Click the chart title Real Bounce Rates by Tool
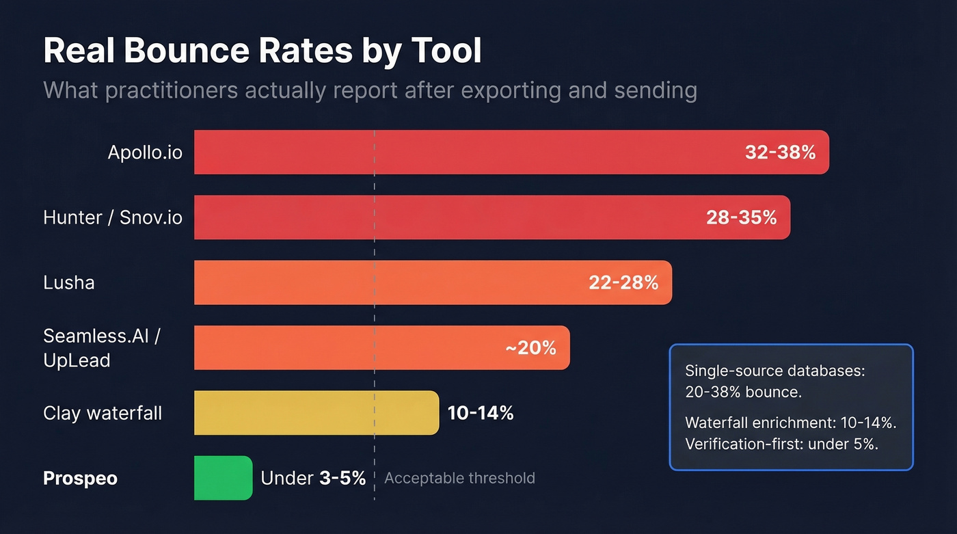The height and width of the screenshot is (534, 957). click(262, 51)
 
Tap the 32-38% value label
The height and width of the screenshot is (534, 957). click(780, 152)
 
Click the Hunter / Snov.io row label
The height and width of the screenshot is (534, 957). click(113, 217)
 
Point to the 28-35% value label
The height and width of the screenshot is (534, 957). click(741, 217)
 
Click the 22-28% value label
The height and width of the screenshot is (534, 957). click(623, 282)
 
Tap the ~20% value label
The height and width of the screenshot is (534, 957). click(530, 348)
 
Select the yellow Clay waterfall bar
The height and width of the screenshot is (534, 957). click(316, 413)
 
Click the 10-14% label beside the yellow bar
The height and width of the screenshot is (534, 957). click(481, 413)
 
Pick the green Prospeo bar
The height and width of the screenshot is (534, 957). click(223, 478)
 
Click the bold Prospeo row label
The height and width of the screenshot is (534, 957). click(80, 478)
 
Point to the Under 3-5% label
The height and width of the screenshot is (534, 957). click(313, 478)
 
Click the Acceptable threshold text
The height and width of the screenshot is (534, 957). click(459, 478)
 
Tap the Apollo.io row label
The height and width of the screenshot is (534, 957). click(145, 152)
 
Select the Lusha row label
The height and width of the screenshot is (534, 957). click(68, 282)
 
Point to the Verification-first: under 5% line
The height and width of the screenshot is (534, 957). click(781, 443)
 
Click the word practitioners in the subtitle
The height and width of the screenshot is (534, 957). click(165, 90)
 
